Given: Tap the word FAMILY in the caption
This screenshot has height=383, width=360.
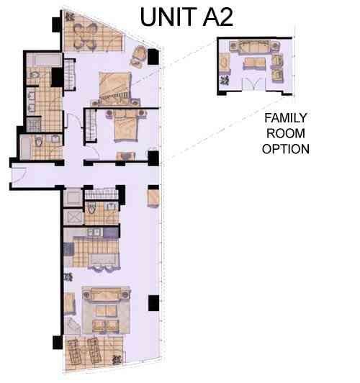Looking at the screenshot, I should [x=286, y=117].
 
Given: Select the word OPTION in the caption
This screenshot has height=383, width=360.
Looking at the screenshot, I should [x=286, y=150].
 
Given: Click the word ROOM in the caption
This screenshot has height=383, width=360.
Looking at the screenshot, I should [x=286, y=134].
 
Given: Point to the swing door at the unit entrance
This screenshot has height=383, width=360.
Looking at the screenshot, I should [x=19, y=175].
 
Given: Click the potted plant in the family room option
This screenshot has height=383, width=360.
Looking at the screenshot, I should [x=224, y=83].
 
